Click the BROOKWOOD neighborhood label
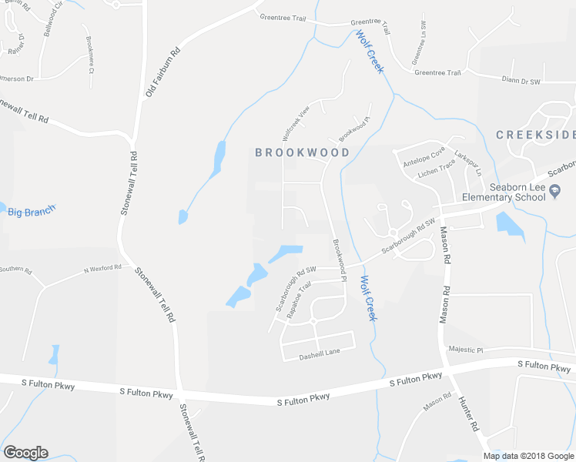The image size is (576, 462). point(302,152)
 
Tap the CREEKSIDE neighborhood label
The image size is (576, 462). point(535,135)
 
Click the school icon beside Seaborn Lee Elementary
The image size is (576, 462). point(555,196)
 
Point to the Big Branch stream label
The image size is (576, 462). point(32,211)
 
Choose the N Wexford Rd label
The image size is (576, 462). point(102,269)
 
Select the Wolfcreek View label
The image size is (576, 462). point(295,122)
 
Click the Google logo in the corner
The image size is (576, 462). point(25,453)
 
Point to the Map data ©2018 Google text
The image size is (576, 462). point(527,456)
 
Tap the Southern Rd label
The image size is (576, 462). point(15,269)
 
